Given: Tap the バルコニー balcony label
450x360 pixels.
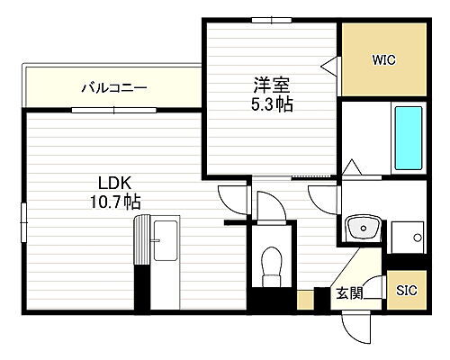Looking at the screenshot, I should point(114,88).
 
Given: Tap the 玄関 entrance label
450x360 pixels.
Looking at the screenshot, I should point(350,292).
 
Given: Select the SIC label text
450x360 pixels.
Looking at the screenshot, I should point(407,291).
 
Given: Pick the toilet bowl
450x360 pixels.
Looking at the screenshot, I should point(271,264).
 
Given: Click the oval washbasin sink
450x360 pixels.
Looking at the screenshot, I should point(365,225).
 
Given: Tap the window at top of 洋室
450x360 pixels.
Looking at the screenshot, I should point(271,21).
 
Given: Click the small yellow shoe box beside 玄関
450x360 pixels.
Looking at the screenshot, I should point(306,300).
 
